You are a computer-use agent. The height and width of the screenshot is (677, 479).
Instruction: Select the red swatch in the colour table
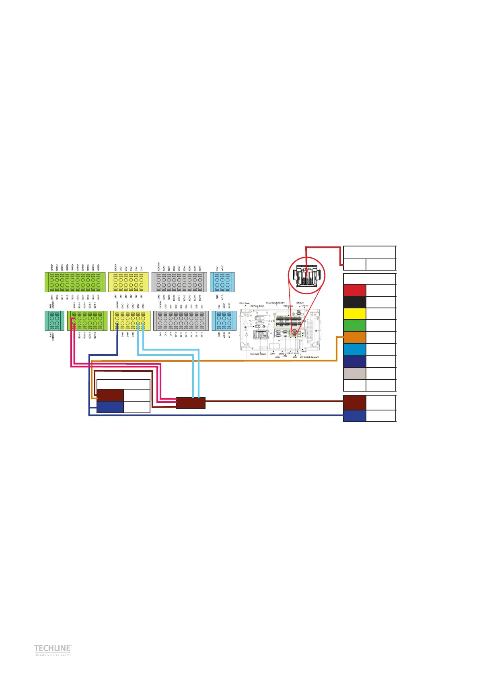tap(354, 290)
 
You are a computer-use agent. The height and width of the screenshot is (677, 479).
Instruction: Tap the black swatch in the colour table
tap(354, 302)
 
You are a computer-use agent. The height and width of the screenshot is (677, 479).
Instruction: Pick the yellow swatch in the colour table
tap(354, 314)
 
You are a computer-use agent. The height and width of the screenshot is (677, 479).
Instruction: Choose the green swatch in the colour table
tap(354, 326)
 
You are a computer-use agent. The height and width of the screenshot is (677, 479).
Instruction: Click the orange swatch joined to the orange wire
tap(354, 338)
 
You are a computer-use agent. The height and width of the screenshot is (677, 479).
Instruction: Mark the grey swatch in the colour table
tap(354, 373)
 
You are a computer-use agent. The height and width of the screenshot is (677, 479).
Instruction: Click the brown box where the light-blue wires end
tap(191, 403)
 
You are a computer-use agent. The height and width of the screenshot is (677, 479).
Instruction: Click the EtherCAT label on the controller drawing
tap(300, 303)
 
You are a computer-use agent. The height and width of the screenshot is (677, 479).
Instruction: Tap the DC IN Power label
tap(245, 303)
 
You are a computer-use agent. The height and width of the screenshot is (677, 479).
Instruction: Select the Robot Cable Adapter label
tap(258, 354)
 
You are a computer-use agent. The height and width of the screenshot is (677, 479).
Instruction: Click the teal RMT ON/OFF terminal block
tap(54, 321)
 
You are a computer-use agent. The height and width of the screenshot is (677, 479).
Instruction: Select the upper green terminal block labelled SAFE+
tap(75, 282)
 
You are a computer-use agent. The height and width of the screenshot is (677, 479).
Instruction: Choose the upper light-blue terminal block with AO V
tap(222, 282)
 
